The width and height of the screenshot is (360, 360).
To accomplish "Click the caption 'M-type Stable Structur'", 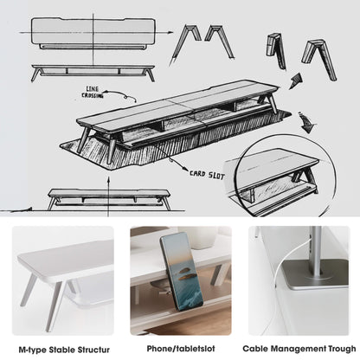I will pos(60,349).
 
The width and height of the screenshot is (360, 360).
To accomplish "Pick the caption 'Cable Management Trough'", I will pos(299,349).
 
